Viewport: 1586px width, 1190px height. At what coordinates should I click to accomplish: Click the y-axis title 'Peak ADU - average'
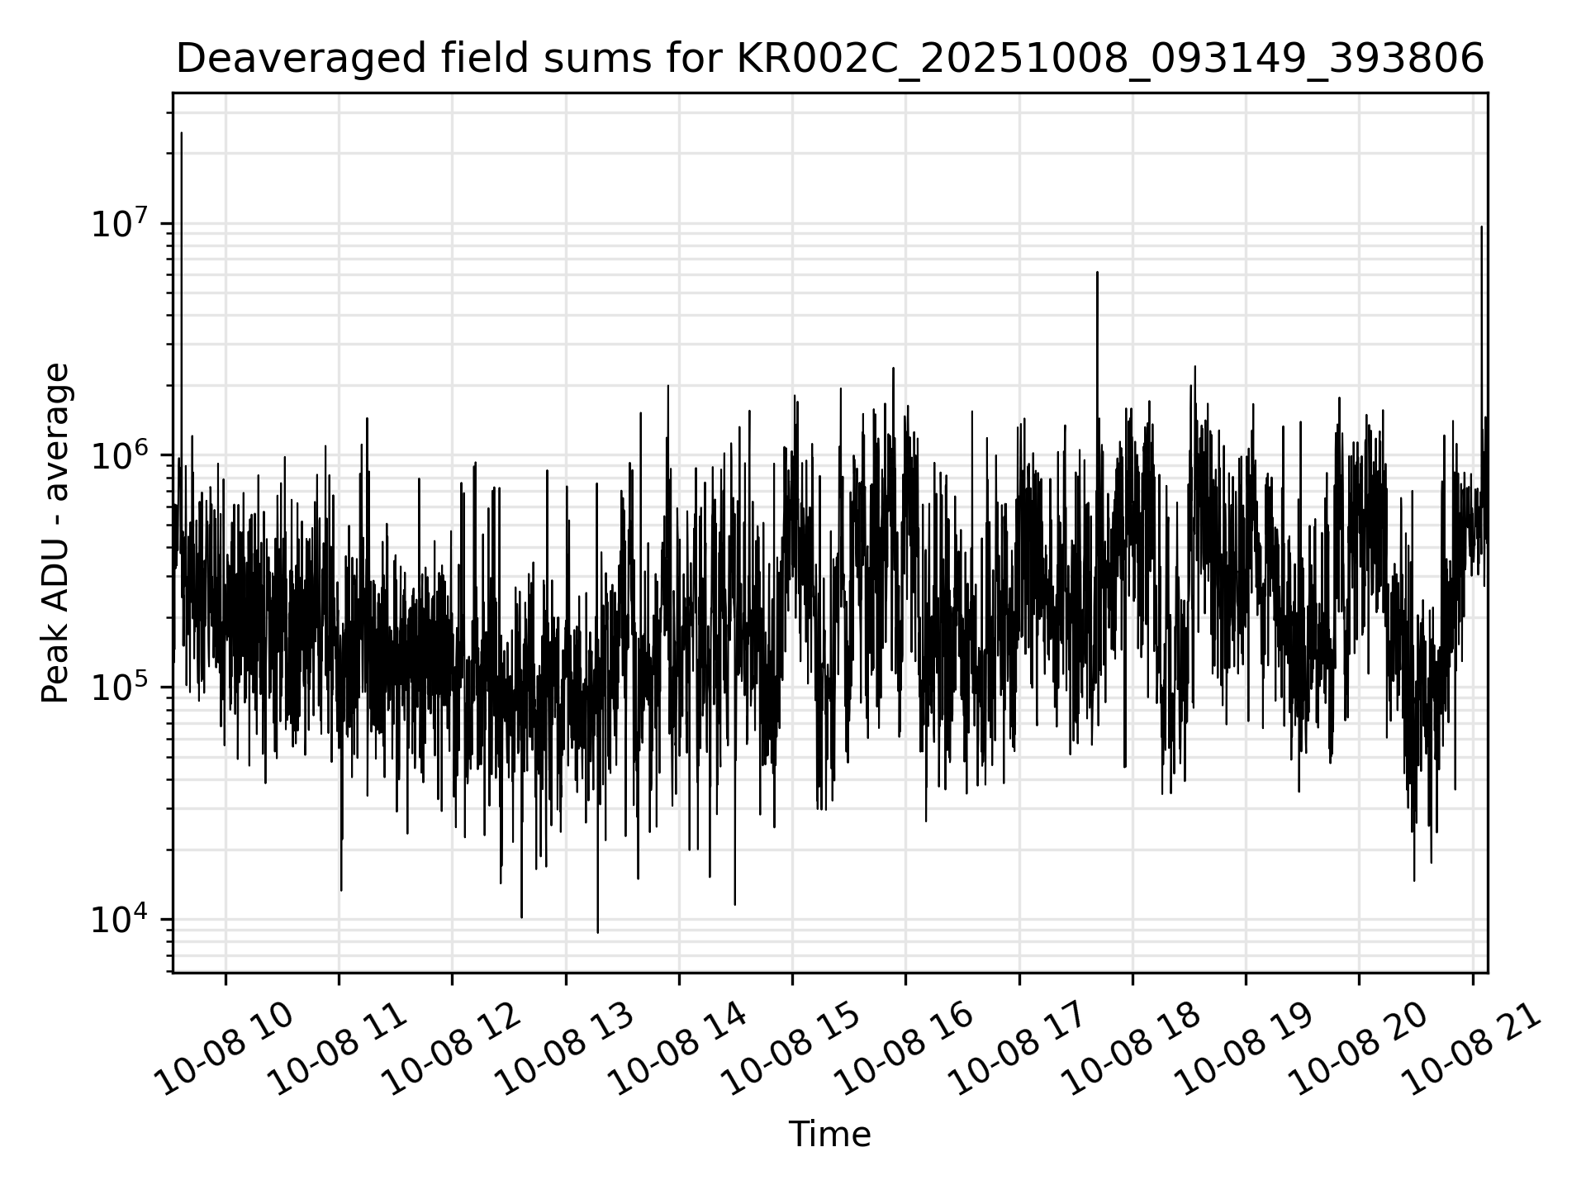(55, 533)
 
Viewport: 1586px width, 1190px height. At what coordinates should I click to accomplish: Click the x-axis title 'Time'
(829, 1135)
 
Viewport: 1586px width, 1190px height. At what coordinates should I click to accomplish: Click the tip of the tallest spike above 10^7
(182, 132)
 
